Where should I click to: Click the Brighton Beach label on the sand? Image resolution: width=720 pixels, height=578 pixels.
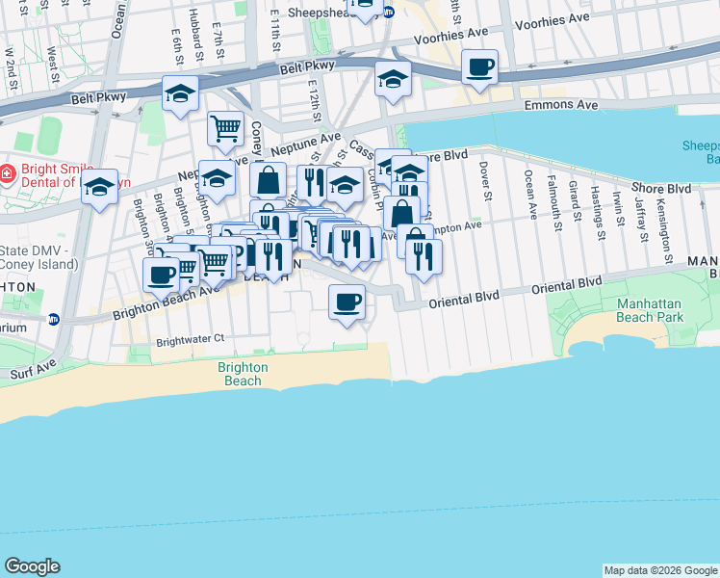click(240, 374)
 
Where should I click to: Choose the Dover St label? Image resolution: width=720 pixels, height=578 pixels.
click(487, 181)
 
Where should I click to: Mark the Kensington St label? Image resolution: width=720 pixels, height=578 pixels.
click(664, 234)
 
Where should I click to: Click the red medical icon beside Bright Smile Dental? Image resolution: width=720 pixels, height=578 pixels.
click(7, 173)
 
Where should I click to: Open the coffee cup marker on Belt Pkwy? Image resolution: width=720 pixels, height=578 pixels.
click(479, 68)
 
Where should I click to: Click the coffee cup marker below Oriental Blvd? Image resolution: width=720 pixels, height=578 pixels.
click(347, 302)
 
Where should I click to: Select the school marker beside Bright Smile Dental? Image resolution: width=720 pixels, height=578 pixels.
click(99, 187)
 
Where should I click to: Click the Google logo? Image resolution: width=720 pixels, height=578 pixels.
click(33, 566)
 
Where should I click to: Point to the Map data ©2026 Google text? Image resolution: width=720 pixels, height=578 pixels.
click(660, 570)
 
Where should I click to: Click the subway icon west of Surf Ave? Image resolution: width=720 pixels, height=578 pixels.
click(54, 319)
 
